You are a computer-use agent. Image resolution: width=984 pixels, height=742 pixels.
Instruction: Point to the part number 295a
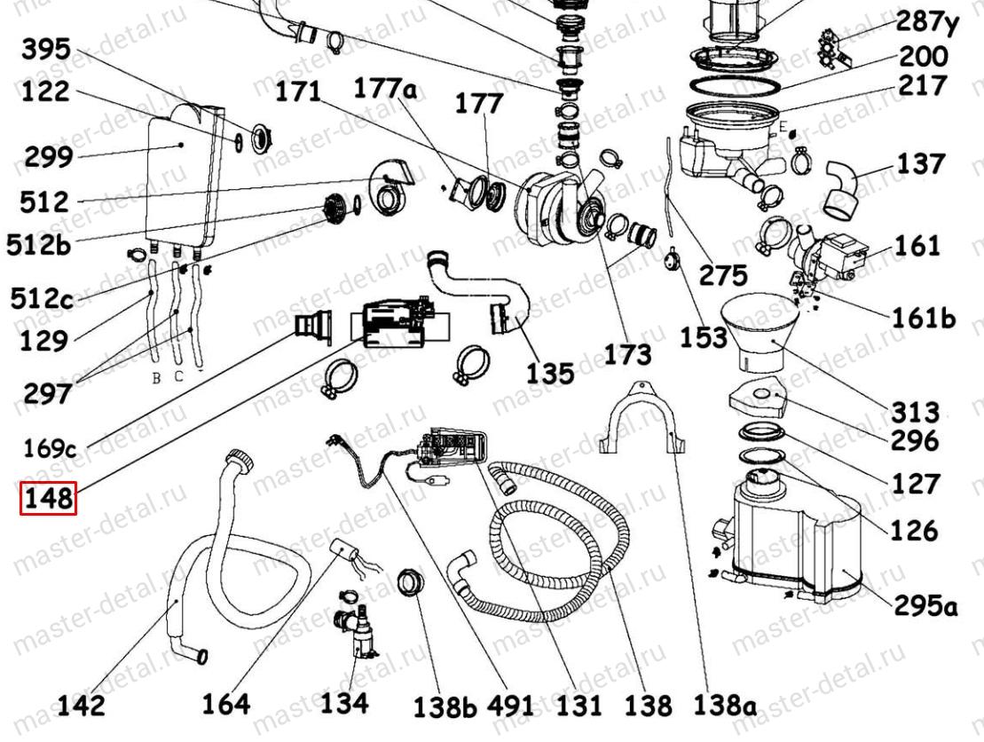(925, 606)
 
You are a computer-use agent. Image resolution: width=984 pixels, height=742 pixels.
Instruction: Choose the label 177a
(385, 89)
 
